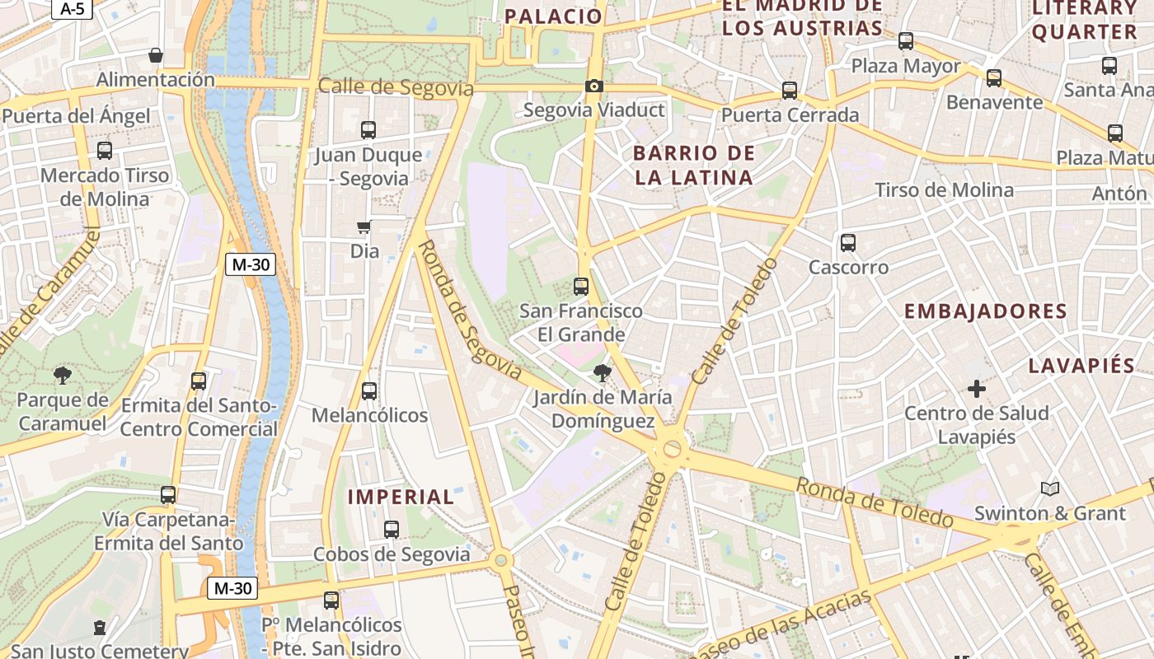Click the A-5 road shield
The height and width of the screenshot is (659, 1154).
(x=73, y=9)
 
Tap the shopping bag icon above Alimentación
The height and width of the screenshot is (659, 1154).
(x=155, y=55)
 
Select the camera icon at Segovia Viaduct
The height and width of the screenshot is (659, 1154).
(x=593, y=86)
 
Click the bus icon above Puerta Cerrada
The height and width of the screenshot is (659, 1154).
(x=790, y=91)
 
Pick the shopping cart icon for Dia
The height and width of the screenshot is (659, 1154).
(x=364, y=227)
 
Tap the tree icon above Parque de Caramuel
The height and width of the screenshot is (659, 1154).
(x=62, y=376)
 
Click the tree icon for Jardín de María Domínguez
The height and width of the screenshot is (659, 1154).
(x=602, y=373)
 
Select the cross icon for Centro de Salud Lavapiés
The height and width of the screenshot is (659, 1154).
(x=977, y=388)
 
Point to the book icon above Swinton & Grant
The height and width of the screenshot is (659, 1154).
(x=1049, y=489)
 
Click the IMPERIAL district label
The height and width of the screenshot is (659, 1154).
(x=401, y=497)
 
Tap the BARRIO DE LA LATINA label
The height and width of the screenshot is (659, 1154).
(x=693, y=165)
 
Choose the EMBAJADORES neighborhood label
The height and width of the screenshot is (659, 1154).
(x=986, y=311)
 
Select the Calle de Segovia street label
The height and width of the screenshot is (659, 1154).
(x=396, y=87)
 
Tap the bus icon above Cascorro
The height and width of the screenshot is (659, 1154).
(x=848, y=243)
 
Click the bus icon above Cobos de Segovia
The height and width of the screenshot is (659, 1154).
(x=392, y=530)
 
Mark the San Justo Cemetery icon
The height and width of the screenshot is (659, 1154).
(x=100, y=629)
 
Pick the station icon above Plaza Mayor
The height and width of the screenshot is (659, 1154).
(x=906, y=40)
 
